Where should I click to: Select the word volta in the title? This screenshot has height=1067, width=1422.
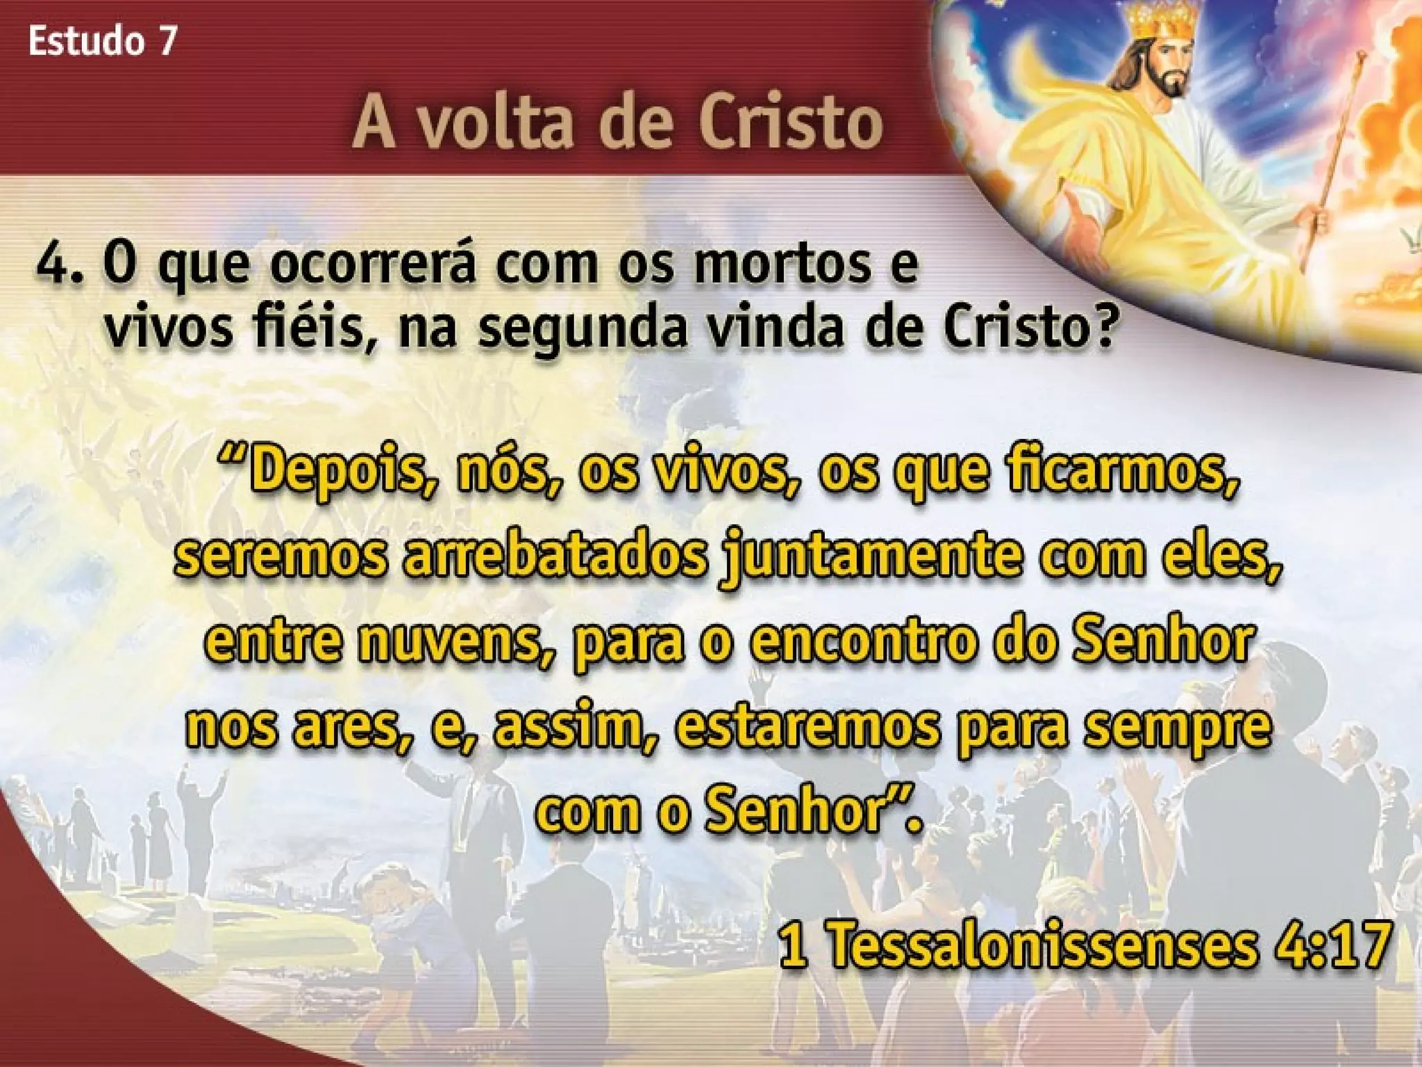pyautogui.click(x=492, y=124)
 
